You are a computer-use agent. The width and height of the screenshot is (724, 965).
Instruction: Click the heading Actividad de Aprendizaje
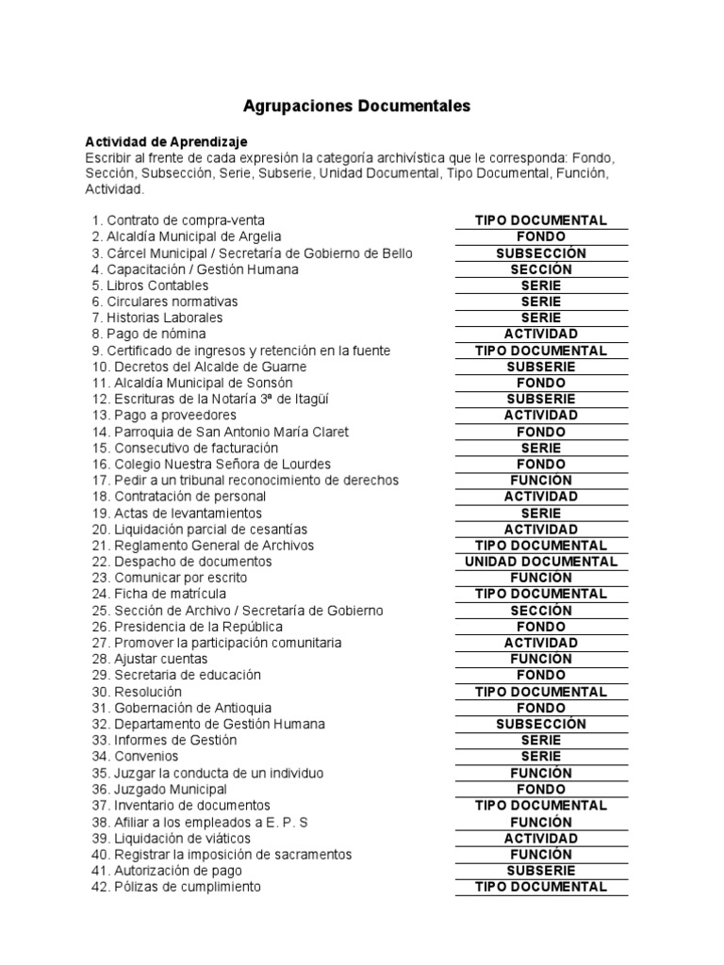(166, 141)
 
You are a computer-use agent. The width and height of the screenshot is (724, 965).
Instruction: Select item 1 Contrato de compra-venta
(178, 221)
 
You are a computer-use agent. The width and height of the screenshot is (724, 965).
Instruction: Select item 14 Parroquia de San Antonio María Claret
(220, 432)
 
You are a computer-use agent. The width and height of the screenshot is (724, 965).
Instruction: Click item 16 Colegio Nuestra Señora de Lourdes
(213, 464)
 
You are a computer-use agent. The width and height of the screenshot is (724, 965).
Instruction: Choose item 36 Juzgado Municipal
(159, 789)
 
